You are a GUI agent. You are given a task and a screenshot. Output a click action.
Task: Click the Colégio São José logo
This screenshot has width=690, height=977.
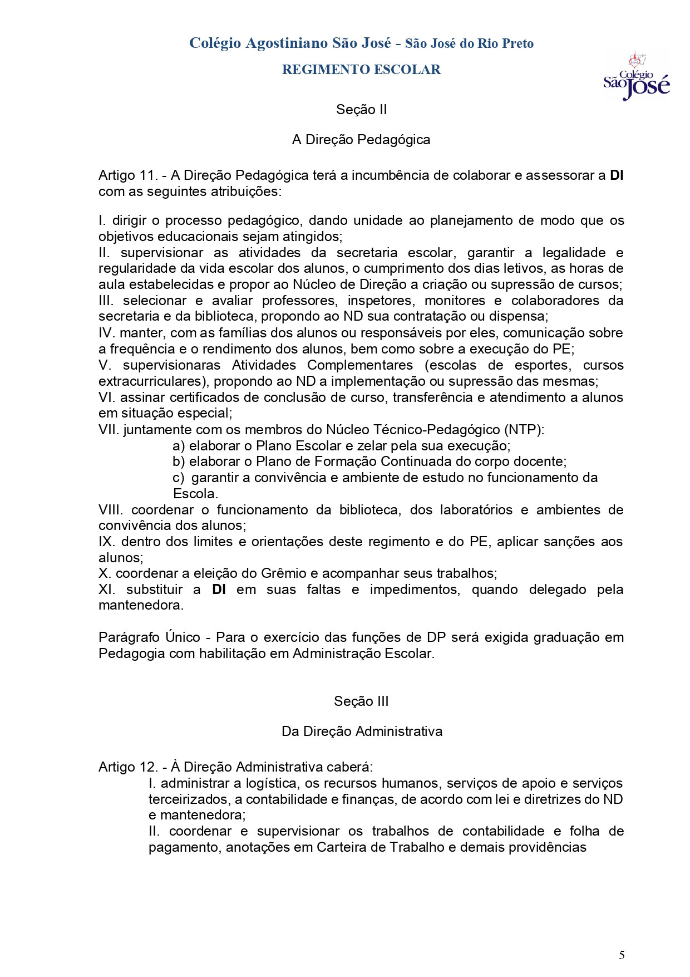click(636, 78)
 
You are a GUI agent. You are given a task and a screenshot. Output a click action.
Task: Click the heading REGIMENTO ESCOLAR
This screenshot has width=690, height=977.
click(361, 70)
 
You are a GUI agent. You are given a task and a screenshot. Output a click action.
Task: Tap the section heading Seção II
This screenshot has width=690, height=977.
click(361, 110)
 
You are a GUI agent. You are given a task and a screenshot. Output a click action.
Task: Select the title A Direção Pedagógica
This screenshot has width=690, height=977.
click(361, 139)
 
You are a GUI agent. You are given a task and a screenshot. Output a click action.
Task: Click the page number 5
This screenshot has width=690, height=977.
click(622, 955)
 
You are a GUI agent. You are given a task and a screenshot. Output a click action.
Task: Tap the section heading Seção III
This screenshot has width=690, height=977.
click(361, 701)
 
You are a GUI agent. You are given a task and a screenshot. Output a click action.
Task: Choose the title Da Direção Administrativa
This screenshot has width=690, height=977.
click(362, 731)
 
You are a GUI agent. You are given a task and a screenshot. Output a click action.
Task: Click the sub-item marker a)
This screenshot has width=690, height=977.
click(179, 446)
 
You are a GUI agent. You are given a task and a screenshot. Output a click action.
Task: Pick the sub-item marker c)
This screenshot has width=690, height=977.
click(179, 478)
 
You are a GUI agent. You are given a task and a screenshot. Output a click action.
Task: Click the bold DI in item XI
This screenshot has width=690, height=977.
click(219, 590)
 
